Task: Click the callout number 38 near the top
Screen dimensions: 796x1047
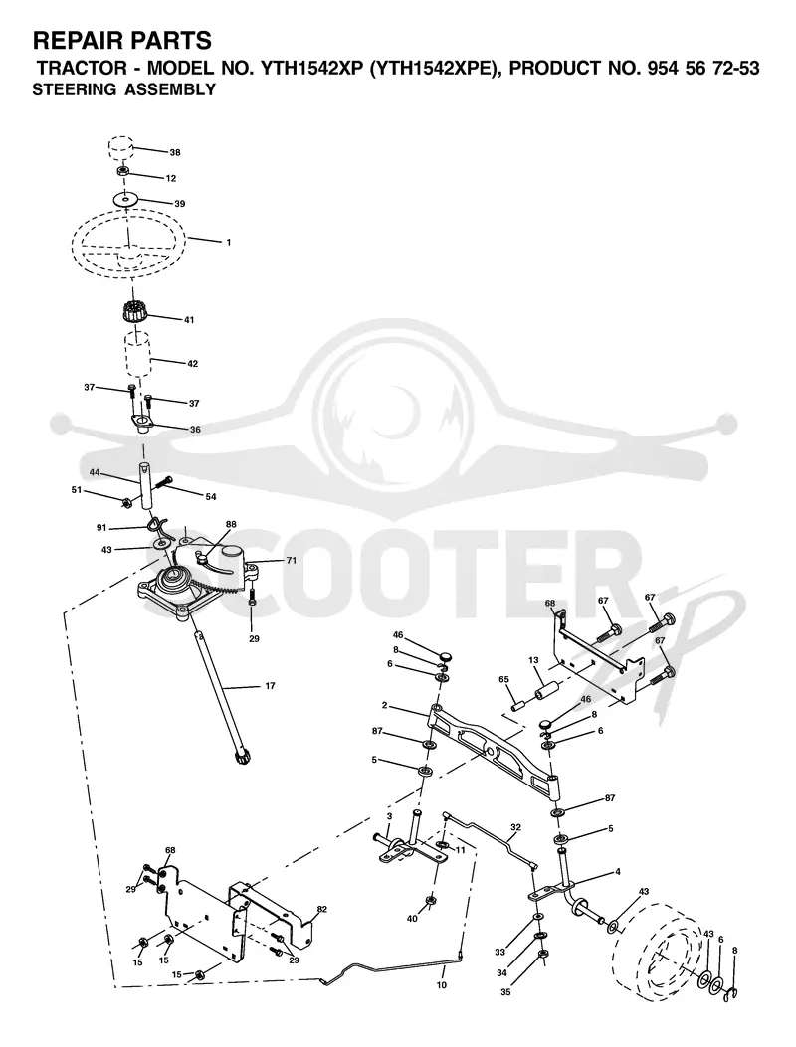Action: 175,152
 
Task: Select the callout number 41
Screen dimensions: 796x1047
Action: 189,320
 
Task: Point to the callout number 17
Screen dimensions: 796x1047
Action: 270,686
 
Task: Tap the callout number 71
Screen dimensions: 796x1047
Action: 292,561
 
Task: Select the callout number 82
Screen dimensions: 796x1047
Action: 322,910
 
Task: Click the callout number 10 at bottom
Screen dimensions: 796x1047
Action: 442,985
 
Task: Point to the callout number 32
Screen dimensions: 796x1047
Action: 514,826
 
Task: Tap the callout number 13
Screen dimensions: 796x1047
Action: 533,660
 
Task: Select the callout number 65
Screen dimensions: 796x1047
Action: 503,680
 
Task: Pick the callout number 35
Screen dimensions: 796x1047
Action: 505,993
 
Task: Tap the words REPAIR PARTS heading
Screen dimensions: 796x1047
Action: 122,41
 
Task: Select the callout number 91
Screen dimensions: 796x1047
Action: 101,528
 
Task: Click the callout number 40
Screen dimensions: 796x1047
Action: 412,919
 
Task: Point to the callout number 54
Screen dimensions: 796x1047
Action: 211,497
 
